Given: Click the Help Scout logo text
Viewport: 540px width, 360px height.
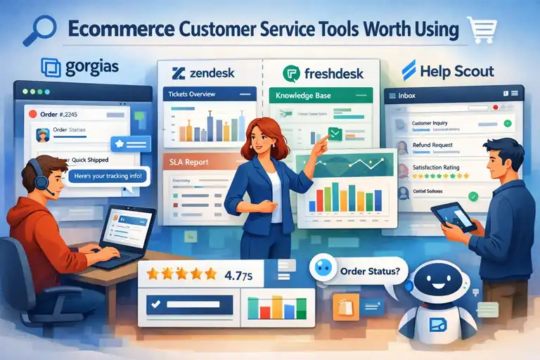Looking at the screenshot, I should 456,71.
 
